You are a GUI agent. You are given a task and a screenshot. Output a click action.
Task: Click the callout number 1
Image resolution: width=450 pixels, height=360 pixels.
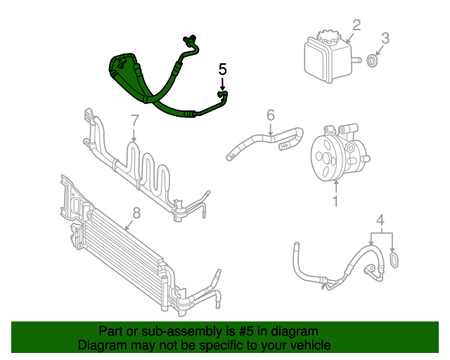[335, 202]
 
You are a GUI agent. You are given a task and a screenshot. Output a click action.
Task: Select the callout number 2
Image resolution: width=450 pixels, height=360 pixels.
[356, 25]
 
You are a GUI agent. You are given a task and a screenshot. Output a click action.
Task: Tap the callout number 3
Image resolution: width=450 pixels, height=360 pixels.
[385, 37]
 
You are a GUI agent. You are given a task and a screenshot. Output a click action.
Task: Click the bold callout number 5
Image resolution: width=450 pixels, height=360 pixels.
[223, 70]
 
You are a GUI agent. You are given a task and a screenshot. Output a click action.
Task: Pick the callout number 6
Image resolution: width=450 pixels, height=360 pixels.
[269, 114]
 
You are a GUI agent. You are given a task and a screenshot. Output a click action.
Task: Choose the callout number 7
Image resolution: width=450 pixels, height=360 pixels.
[135, 121]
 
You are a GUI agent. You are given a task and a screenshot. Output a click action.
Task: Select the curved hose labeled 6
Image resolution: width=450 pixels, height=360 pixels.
[260, 139]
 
